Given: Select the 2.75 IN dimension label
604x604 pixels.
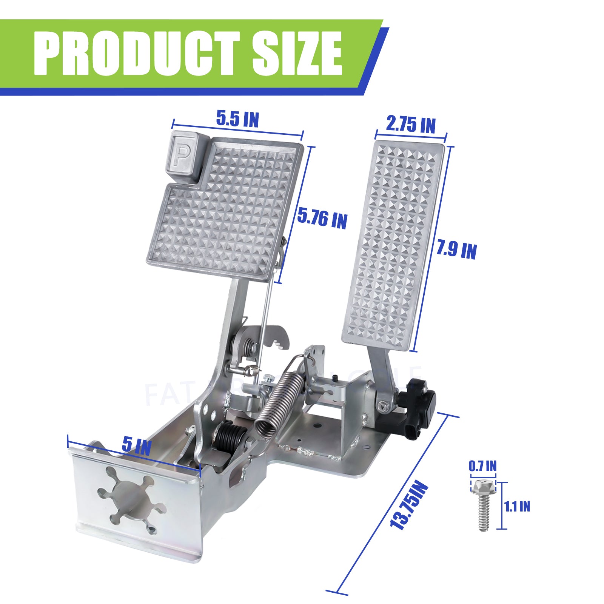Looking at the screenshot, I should pyautogui.click(x=411, y=124).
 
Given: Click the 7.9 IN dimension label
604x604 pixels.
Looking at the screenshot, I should pyautogui.click(x=456, y=250).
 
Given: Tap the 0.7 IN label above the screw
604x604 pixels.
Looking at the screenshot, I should pyautogui.click(x=482, y=466).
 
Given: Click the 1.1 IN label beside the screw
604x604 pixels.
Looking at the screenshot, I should pyautogui.click(x=517, y=506).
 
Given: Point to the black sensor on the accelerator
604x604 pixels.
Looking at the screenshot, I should pyautogui.click(x=419, y=408).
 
